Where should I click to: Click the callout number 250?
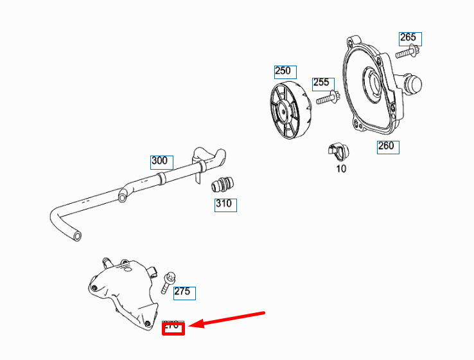pyautogui.click(x=283, y=71)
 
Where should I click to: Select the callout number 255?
pyautogui.click(x=321, y=83)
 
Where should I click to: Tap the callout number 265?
pyautogui.click(x=408, y=37)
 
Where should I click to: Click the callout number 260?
pyautogui.click(x=386, y=146)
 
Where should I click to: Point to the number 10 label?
pyautogui.click(x=341, y=168)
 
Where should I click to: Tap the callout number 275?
pyautogui.click(x=182, y=291)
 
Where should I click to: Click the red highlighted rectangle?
pyautogui.click(x=173, y=329)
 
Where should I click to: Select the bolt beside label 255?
pyautogui.click(x=327, y=98)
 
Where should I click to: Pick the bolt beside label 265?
pyautogui.click(x=407, y=53)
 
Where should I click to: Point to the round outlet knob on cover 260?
pyautogui.click(x=412, y=84)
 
